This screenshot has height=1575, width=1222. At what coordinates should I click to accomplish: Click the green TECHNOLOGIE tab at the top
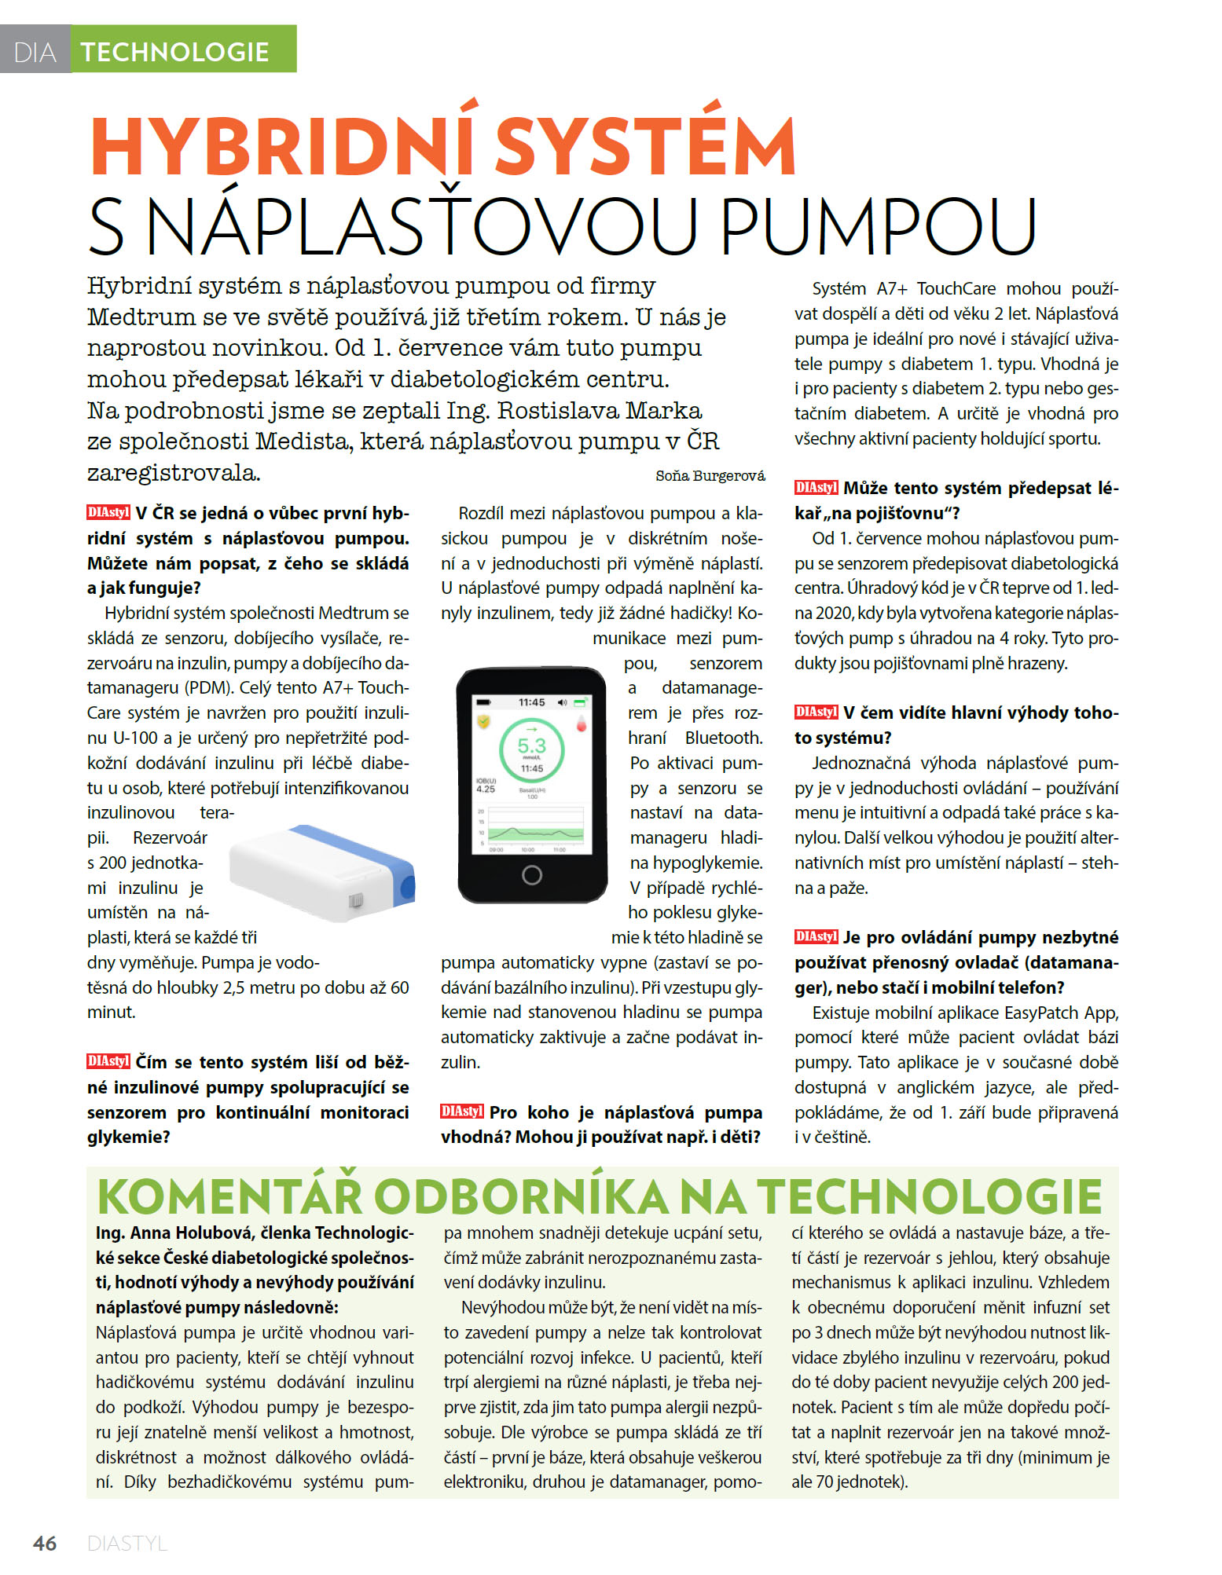pos(174,52)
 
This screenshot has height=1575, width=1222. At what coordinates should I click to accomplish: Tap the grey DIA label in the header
pos(35,53)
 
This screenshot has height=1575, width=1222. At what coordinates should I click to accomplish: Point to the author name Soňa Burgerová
pos(710,475)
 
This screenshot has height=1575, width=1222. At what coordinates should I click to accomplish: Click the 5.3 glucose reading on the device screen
pos(531,745)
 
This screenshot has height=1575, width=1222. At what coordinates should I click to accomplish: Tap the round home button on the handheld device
pos(531,874)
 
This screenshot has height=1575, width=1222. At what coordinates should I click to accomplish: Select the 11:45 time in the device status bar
pos(531,702)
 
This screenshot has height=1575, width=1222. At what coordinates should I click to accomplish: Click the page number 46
pos(45,1543)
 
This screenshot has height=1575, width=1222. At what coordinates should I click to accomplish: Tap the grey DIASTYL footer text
pos(127,1543)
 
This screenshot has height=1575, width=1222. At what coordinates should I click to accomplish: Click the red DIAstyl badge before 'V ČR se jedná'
pos(108,512)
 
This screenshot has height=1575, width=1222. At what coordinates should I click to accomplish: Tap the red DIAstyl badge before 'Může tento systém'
pos(816,487)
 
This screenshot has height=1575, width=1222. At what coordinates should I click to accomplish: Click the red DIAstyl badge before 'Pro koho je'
pos(462,1111)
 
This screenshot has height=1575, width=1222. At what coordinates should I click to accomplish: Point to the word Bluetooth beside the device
pos(723,738)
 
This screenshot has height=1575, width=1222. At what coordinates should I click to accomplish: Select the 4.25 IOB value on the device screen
pos(486,789)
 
